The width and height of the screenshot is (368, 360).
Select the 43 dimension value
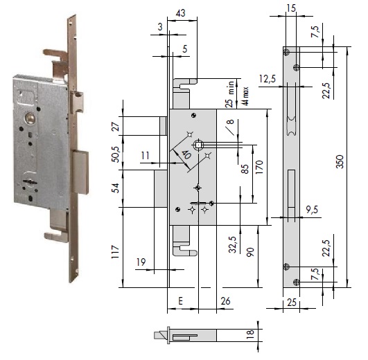click(181, 13)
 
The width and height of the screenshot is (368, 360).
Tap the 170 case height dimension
click(258, 167)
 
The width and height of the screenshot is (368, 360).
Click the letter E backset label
click(180, 302)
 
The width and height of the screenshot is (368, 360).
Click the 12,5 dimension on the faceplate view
click(268, 80)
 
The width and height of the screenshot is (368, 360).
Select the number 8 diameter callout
click(229, 125)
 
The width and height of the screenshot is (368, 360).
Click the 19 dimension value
click(141, 262)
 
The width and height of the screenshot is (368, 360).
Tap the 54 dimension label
click(116, 187)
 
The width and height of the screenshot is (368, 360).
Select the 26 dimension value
click(225, 302)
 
